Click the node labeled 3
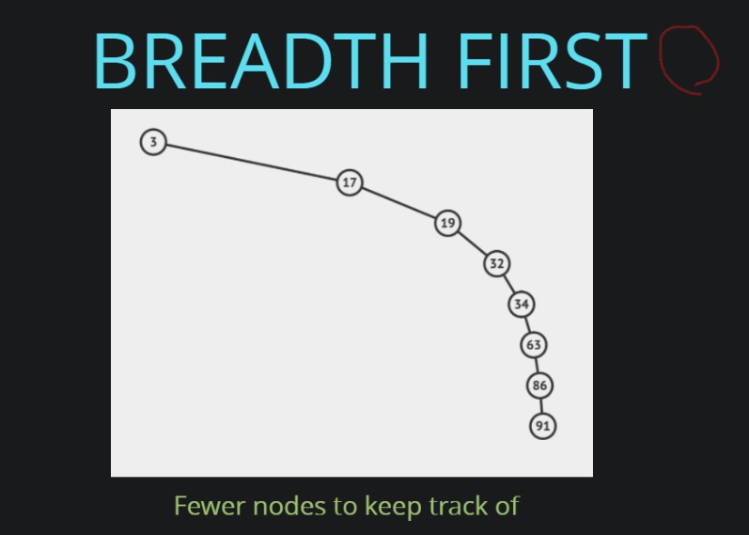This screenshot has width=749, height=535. tap(153, 142)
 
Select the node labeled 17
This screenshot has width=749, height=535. tap(350, 182)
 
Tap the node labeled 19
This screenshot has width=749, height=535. tap(447, 223)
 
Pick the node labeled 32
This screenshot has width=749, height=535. tap(497, 263)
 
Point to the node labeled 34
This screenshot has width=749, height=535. tap(522, 304)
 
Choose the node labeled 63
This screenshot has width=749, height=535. tap(534, 345)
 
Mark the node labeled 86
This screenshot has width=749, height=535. tap(539, 386)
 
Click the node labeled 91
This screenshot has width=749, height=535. tap(543, 426)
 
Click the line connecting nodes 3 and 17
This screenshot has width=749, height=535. tap(252, 163)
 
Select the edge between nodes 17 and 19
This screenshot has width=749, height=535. tap(398, 203)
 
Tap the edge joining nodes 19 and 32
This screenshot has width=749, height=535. tap(473, 244)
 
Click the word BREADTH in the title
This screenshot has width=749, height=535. tap(261, 61)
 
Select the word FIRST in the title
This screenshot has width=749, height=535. tap(553, 61)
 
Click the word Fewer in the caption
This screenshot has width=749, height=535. tap(210, 506)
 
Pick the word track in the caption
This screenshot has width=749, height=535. tap(458, 506)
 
